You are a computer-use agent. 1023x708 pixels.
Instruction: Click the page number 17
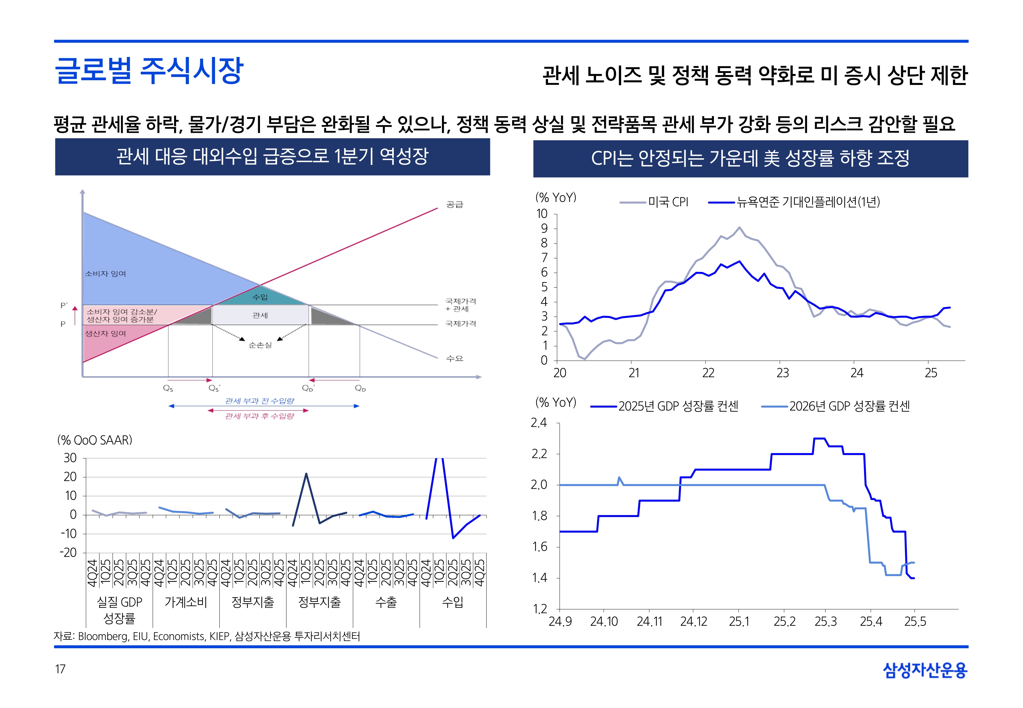60,669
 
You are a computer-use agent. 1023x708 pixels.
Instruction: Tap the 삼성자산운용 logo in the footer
925,670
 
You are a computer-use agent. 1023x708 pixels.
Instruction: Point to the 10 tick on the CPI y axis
542,214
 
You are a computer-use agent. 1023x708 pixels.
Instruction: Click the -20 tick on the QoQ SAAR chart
68,553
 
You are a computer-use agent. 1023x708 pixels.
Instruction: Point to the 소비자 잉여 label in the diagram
105,274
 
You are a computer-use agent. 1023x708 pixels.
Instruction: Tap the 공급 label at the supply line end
454,205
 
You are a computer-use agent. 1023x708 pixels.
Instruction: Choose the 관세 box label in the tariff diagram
260,315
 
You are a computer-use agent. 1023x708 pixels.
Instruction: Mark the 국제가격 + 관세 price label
461,305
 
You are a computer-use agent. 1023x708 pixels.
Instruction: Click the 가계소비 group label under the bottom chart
186,602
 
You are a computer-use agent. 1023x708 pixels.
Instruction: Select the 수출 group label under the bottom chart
386,602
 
